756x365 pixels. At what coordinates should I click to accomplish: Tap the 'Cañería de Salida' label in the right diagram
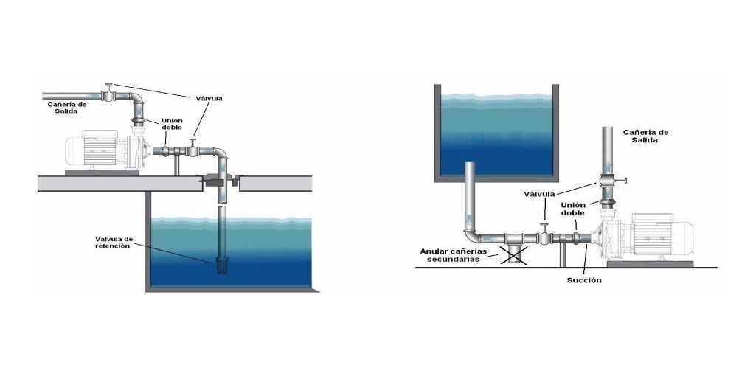pos(645,136)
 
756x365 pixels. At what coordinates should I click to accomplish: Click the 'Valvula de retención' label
pos(112,242)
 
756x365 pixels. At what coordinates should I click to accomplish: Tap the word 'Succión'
pos(585,281)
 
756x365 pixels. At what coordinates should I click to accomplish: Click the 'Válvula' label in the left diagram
pos(209,98)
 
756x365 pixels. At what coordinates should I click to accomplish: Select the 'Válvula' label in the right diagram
pos(541,195)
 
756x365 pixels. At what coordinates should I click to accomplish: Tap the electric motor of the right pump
pos(661,234)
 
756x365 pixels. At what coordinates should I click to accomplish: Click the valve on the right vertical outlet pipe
pos(609,181)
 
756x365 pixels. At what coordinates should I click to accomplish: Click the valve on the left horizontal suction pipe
pos(193,150)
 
